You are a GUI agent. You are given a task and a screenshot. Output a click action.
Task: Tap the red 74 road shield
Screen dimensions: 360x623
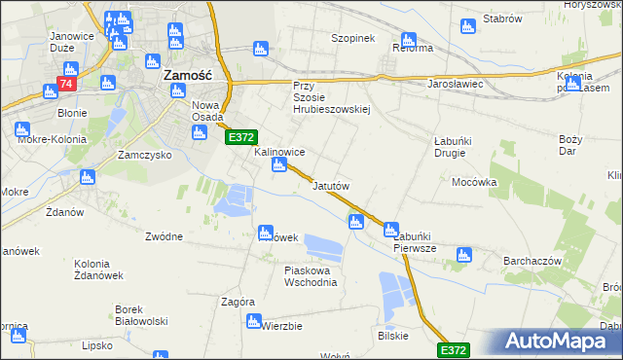coord(66,86)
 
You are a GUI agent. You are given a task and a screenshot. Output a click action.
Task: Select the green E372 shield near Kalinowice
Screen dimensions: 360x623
coord(241,139)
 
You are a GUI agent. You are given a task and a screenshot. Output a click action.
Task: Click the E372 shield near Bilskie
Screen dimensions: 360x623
coord(453,349)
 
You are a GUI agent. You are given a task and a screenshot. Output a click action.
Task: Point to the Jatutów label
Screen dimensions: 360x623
coord(331,185)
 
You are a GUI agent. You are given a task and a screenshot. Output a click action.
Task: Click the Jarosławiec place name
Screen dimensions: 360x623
coord(456,84)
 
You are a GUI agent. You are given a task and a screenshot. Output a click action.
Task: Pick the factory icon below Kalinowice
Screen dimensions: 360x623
coord(278,166)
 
